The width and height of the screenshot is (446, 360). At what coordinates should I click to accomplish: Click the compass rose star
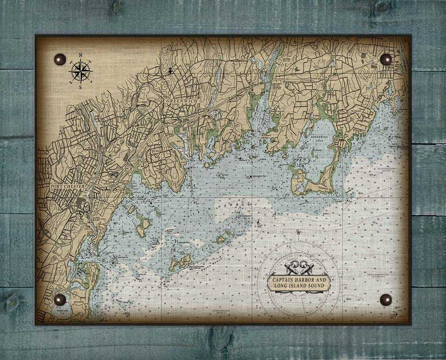coord(80,71)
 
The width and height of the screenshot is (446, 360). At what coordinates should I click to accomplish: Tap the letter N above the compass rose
coord(80,55)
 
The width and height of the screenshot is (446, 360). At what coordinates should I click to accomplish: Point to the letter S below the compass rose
coord(80,87)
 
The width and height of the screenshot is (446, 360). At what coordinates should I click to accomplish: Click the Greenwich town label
coord(183,101)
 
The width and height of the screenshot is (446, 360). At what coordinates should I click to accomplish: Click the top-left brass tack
coord(60,59)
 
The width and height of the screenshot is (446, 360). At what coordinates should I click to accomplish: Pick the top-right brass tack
coord(386,59)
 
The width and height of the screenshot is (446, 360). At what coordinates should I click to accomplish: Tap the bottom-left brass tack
coord(60,300)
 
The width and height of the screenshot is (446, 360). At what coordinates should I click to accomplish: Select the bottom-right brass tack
coord(386,300)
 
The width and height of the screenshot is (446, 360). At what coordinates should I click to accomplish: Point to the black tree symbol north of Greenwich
coord(170,70)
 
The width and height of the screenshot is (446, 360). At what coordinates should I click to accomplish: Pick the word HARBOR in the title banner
coord(305,280)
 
